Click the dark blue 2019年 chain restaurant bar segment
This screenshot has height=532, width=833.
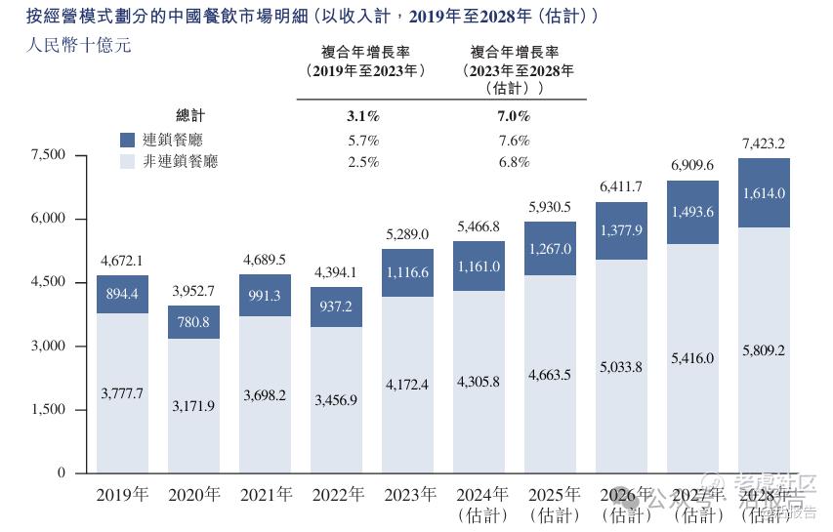[x=122, y=294]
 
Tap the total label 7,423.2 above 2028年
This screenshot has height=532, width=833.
[x=764, y=143]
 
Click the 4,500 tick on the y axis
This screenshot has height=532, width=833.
[x=48, y=282]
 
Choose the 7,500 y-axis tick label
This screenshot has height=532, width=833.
[x=48, y=155]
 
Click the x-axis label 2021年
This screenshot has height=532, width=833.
[x=265, y=495]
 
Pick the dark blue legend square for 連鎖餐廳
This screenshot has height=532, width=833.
[x=128, y=140]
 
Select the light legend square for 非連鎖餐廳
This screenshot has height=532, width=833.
[x=128, y=161]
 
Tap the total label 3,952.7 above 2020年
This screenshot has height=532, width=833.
[x=193, y=292]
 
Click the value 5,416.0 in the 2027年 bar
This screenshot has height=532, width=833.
[x=692, y=358]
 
